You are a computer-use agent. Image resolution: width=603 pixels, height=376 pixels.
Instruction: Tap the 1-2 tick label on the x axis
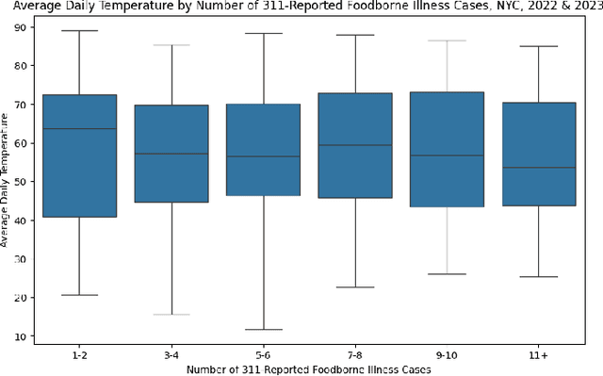[x=80, y=353]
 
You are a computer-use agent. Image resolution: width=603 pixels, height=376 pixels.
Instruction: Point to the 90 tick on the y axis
[x=21, y=27]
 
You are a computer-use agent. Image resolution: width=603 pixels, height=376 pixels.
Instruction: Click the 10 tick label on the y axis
[x=21, y=336]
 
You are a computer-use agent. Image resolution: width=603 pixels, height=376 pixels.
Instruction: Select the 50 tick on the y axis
[x=21, y=182]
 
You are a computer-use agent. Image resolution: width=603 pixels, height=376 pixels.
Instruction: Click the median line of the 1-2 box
[x=80, y=128]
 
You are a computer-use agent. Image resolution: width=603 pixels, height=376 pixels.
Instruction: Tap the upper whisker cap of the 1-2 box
[x=80, y=31]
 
